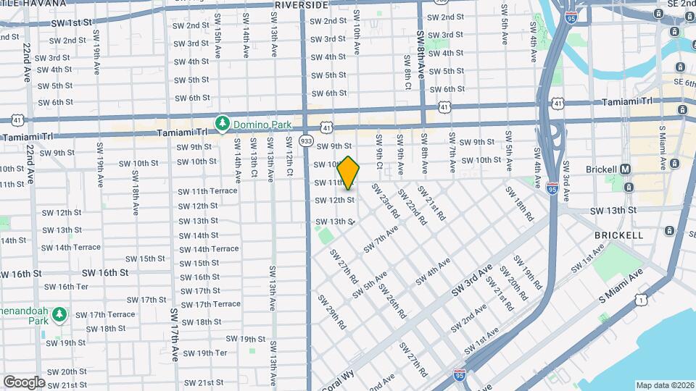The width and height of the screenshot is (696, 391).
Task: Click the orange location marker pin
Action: tap(349, 173)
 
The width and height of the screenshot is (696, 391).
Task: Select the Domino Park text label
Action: tap(260, 125)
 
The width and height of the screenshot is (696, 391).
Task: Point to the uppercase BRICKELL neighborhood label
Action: tap(618, 235)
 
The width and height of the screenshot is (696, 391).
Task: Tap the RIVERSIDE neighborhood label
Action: tap(301, 5)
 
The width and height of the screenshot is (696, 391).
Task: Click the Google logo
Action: tap(24, 382)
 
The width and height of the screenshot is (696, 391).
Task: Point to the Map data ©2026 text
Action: tap(665, 384)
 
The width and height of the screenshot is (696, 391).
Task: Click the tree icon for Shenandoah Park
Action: tap(59, 315)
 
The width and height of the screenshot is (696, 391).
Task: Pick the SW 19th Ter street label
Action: tap(204, 353)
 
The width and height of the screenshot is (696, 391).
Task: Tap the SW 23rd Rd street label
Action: tap(385, 201)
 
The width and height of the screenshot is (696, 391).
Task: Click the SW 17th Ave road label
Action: tap(175, 334)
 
